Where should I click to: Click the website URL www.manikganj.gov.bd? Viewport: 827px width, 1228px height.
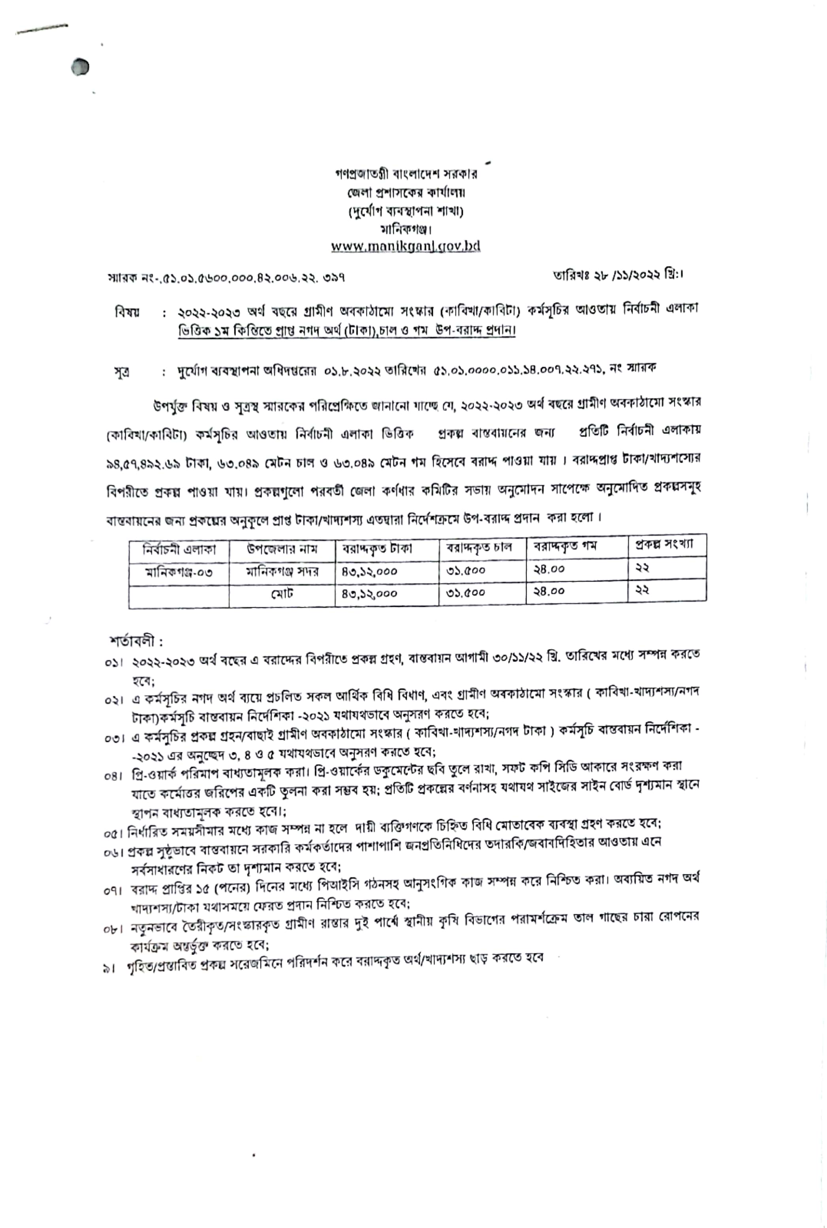(406, 246)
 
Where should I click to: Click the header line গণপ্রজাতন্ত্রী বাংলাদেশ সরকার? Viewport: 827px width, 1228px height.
(406, 173)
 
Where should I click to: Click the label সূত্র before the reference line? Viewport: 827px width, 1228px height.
(122, 371)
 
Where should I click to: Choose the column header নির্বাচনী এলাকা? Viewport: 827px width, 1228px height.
(179, 549)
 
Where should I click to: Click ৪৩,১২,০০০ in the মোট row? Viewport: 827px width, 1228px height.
(369, 594)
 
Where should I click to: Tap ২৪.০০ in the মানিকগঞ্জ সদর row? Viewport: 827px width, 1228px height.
(549, 569)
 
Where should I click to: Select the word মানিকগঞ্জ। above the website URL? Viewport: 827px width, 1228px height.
(406, 229)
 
